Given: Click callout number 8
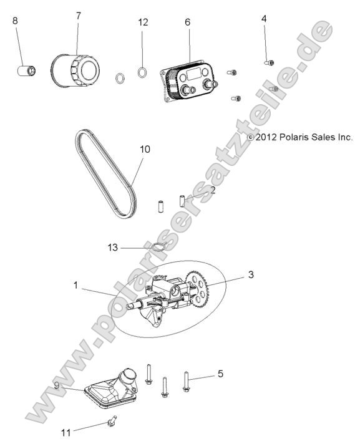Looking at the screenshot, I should coord(16,21).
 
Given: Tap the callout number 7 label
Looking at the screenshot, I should coord(78,16).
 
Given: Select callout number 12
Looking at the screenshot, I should coord(143,22).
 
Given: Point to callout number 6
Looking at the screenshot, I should coord(187,21).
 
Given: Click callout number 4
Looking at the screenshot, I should coord(264,19).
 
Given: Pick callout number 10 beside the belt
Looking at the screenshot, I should coord(145,150).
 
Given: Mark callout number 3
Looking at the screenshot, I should coord(251,274).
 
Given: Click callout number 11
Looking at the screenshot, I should coord(66,432).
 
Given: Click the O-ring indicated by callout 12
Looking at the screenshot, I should coord(142,72).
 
